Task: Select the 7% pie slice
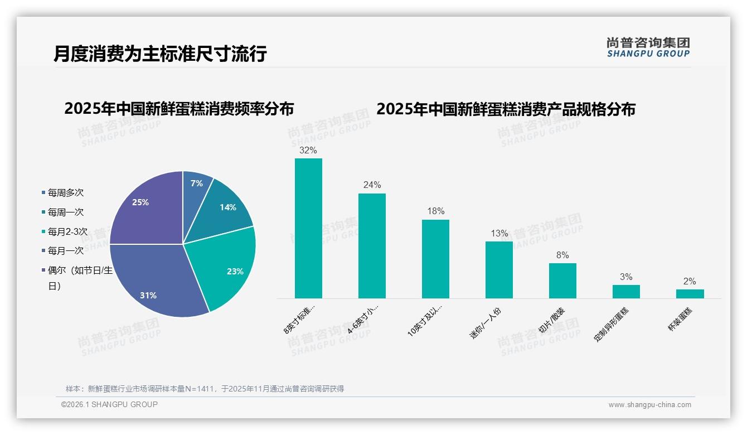[196, 185]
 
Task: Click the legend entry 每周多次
[65, 192]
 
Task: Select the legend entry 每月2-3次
[67, 231]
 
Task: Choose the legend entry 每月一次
[65, 251]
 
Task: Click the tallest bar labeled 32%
[308, 228]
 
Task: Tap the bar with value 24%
[372, 245]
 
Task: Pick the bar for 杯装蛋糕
[690, 293]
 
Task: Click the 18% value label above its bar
[435, 211]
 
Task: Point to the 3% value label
[626, 277]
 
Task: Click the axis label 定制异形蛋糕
[612, 324]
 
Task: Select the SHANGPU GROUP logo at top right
[648, 47]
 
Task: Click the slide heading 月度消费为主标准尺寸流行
[160, 54]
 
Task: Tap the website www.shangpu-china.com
[649, 405]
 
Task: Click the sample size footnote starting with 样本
[205, 389]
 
